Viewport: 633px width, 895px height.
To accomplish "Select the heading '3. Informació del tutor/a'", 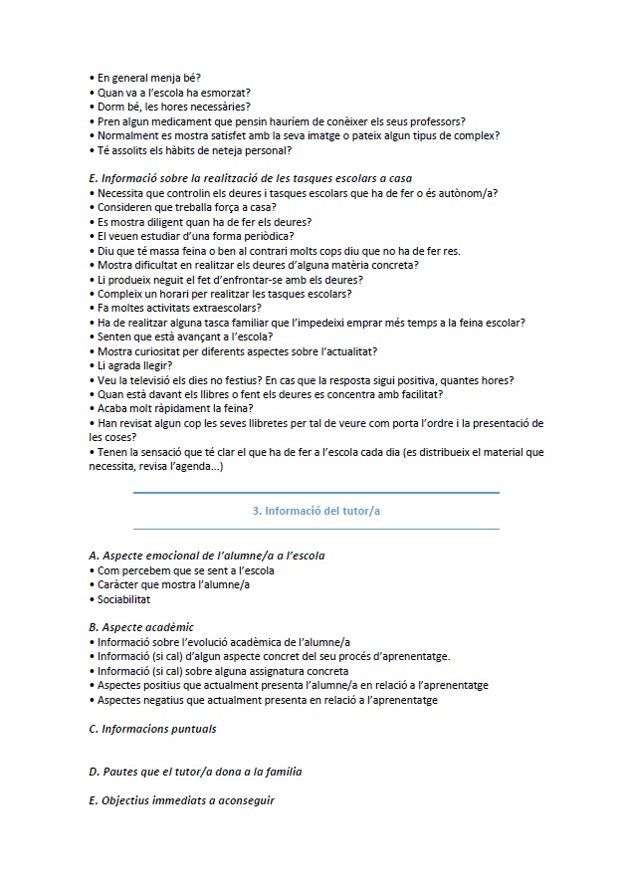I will pos(316,511).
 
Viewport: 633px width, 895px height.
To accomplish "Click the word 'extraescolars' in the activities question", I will pos(214,308).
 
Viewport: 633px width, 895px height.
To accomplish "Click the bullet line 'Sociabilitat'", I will pos(124,599).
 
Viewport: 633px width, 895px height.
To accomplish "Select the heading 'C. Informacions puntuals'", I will pos(152,729).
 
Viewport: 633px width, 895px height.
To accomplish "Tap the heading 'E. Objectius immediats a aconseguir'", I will pos(181,800).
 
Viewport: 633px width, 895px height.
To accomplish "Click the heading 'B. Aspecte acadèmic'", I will pos(141,627).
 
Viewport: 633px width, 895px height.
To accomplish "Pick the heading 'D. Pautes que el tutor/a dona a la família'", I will pos(195,772).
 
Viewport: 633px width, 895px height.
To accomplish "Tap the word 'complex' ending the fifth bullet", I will pos(475,135).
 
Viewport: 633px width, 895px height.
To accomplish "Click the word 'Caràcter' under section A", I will pos(119,584).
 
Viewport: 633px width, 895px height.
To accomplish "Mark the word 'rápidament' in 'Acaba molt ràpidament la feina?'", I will pos(185,409).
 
